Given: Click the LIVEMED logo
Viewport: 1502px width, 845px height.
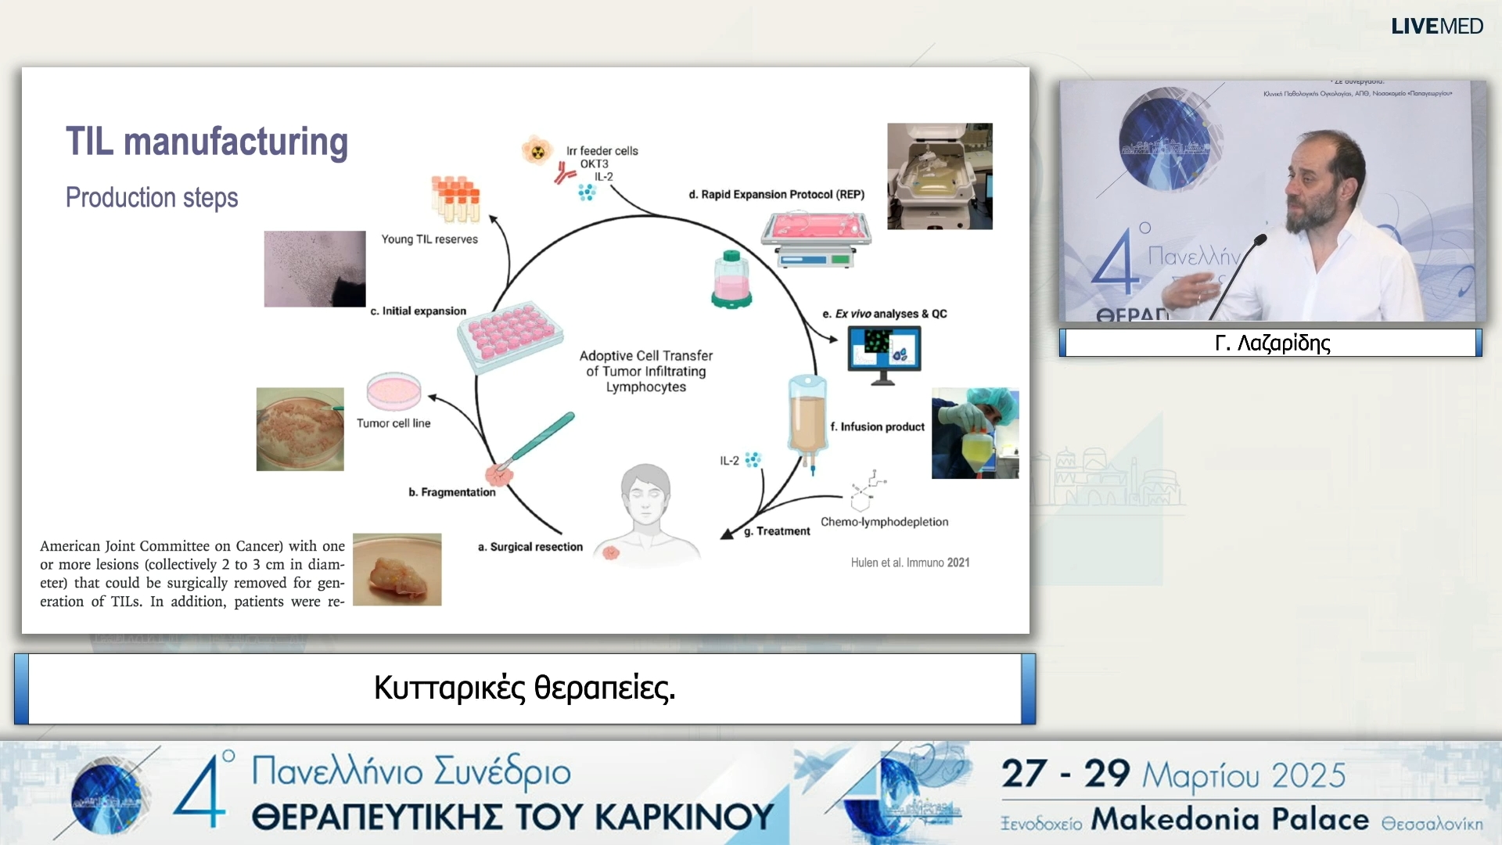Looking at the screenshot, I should click(1436, 27).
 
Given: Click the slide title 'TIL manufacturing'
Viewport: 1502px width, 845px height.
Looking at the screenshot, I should click(207, 142).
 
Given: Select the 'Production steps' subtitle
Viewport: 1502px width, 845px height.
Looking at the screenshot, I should click(152, 197).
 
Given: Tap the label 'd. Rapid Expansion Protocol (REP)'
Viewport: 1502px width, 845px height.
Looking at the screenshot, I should click(776, 194).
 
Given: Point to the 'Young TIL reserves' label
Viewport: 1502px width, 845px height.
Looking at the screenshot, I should click(429, 239).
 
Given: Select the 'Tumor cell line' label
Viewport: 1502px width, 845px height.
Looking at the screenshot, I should click(393, 423).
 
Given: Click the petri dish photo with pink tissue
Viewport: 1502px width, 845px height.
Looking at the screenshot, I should click(300, 429).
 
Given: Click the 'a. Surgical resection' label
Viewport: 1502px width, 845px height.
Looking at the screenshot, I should click(530, 547).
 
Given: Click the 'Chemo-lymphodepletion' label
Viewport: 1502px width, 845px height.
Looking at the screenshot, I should click(884, 522).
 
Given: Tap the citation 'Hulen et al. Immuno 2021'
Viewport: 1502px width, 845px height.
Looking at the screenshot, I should click(910, 563).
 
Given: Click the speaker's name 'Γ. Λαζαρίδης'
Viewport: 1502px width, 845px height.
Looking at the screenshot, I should click(1272, 343).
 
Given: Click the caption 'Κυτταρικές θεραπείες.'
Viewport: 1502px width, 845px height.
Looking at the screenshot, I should click(524, 689).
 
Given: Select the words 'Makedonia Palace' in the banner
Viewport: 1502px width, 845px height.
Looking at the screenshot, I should click(1230, 819).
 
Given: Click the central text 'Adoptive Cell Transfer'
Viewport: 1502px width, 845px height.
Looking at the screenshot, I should click(646, 355).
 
